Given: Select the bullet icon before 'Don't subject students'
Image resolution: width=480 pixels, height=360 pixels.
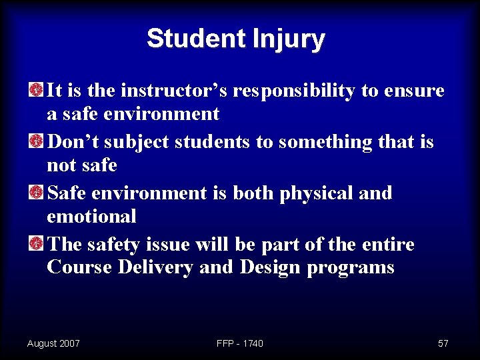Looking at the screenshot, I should [x=37, y=141].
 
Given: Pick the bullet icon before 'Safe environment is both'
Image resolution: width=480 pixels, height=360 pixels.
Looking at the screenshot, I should [x=37, y=193].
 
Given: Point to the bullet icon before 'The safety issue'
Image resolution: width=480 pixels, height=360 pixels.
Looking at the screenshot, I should [x=37, y=244].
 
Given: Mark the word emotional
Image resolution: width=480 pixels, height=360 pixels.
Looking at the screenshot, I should [x=91, y=217].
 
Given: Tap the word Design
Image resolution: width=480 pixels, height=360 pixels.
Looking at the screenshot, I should [x=270, y=268].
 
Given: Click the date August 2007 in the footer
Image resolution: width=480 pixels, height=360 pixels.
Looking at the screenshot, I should [x=53, y=343].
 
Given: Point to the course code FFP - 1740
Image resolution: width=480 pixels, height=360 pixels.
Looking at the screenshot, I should [x=240, y=343].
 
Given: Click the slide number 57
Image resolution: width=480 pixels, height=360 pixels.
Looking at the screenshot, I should [x=443, y=343].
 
